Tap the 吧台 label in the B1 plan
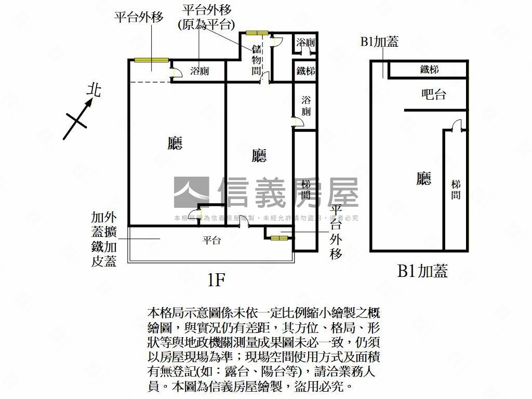pyautogui.click(x=433, y=95)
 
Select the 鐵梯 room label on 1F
pyautogui.click(x=305, y=71)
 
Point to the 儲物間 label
pyautogui.click(x=257, y=60)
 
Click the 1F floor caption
pyautogui.click(x=216, y=281)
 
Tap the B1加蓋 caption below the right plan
pyautogui.click(x=422, y=271)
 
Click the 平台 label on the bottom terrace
pyautogui.click(x=211, y=241)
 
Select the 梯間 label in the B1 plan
pyautogui.click(x=456, y=190)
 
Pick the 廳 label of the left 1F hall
pyautogui.click(x=175, y=143)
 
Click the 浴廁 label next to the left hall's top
pyautogui.click(x=199, y=71)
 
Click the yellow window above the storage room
pyautogui.click(x=256, y=33)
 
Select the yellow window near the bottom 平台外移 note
pyautogui.click(x=279, y=238)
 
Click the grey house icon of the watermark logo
pyautogui.click(x=191, y=193)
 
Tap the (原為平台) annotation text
pyautogui.click(x=206, y=24)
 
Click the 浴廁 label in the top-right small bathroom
pyautogui.click(x=305, y=43)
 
